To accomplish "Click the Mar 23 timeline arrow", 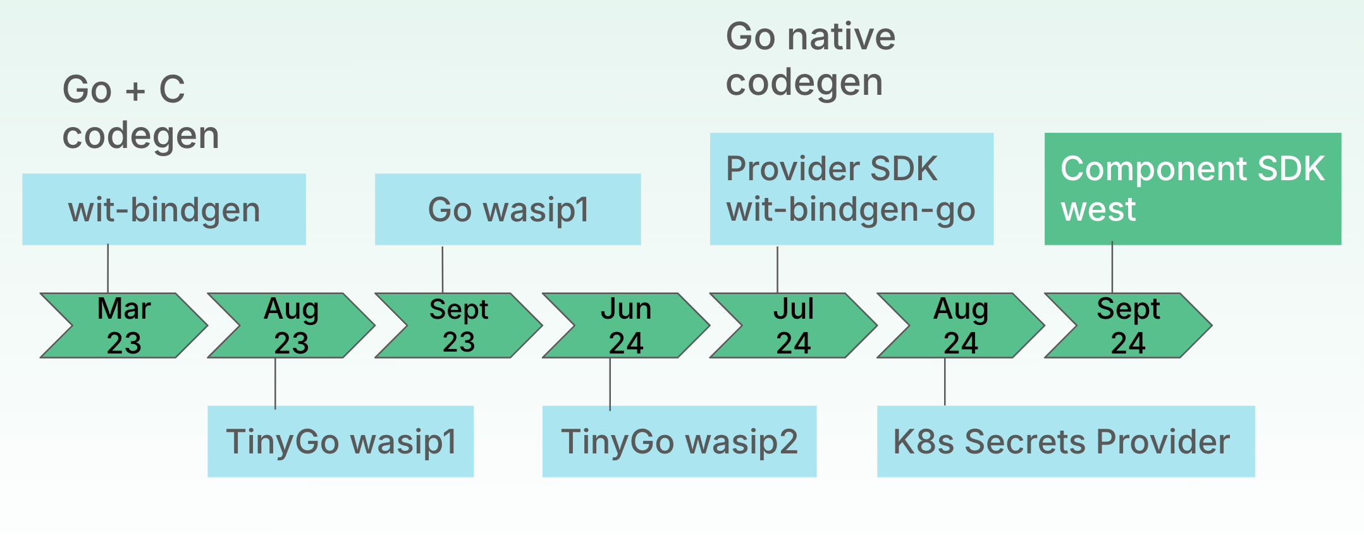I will [x=124, y=326].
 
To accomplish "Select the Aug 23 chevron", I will [x=292, y=326].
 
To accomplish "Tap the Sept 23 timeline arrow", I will [x=459, y=326].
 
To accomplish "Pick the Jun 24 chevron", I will [x=626, y=326].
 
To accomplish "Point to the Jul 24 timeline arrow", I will [x=794, y=326].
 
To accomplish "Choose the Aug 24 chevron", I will [x=961, y=326].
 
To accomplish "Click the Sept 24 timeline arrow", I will [x=1128, y=326].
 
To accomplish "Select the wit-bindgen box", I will [x=164, y=209].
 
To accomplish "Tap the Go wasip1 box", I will [x=508, y=209].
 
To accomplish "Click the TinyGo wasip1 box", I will [x=340, y=441].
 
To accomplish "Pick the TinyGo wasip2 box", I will [x=679, y=441].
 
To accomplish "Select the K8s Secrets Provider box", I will [x=1066, y=441].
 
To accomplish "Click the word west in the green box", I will [x=1098, y=209].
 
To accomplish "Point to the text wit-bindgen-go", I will [x=851, y=209].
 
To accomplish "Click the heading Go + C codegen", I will [x=140, y=112].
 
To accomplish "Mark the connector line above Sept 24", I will [x=1112, y=267].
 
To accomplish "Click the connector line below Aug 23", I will [x=275, y=383].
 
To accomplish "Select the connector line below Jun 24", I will [x=610, y=383].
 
